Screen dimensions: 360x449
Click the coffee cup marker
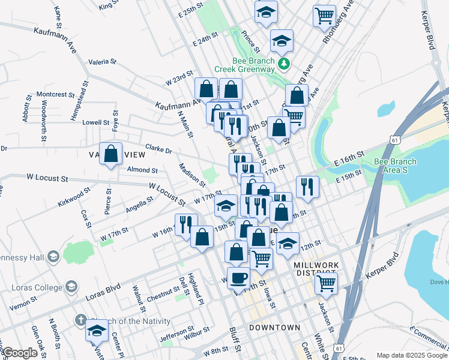239,278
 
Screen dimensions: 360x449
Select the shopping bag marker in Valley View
111,154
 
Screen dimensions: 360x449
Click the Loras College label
37,287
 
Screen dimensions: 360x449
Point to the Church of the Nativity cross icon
80,320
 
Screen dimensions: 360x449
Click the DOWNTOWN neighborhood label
274,327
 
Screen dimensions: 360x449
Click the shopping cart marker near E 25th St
325,15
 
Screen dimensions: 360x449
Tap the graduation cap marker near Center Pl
96,331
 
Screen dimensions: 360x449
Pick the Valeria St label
102,61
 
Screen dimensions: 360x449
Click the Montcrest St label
55,94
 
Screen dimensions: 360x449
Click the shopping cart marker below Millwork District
326,283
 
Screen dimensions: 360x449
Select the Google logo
20,353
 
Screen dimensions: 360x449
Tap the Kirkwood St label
74,196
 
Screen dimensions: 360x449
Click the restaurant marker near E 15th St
307,187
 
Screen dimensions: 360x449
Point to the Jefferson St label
176,331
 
